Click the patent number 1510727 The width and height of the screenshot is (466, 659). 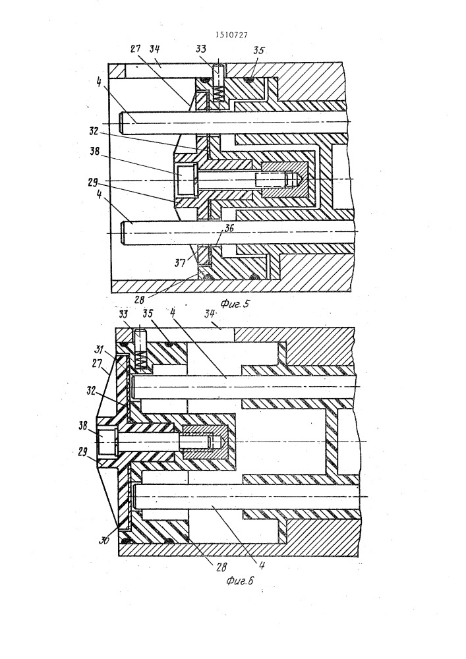click(x=231, y=36)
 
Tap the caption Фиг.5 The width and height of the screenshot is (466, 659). click(x=235, y=303)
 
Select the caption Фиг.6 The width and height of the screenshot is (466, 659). click(x=239, y=581)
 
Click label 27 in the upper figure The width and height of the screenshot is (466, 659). click(x=135, y=49)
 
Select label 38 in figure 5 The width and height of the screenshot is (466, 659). click(x=94, y=152)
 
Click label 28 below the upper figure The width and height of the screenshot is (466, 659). click(x=140, y=300)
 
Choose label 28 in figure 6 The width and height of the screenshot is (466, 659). click(x=221, y=567)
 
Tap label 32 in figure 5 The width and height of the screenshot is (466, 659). click(x=94, y=131)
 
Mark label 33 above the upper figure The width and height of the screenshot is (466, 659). click(x=201, y=49)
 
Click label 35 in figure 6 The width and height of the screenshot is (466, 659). click(x=148, y=314)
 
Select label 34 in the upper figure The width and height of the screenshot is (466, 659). click(x=155, y=49)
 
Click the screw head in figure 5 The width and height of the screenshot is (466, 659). click(x=186, y=180)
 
